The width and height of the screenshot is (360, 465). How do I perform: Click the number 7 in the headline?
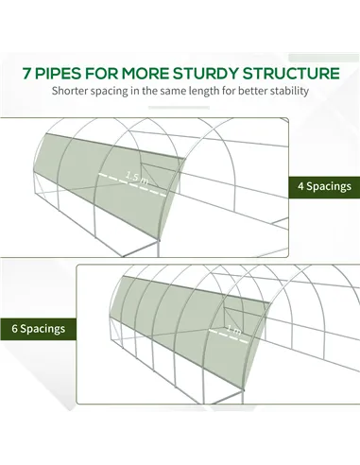coord(26,74)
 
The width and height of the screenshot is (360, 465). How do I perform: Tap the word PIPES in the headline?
coord(58,74)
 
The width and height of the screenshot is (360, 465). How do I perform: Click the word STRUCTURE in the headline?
coord(291,74)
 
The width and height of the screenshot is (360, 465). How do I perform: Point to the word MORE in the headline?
coord(146,74)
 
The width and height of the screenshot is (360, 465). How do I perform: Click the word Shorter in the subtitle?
coord(70,91)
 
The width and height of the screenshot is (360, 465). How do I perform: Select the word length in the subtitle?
coord(203,91)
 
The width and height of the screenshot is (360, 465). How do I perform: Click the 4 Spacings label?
coord(324,186)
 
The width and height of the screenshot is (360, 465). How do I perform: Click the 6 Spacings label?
coord(39,329)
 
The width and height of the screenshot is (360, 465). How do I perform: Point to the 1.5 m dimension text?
coord(137,178)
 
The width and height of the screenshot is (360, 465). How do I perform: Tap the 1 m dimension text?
coord(234,330)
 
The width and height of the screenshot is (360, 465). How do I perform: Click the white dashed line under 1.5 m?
coord(132,184)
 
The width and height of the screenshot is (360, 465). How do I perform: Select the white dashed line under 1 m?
coord(229,336)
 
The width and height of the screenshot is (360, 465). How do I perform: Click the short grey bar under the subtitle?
coord(179,108)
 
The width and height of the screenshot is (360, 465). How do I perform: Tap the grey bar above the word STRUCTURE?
coord(324,58)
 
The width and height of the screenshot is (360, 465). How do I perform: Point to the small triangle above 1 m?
coord(231,314)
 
